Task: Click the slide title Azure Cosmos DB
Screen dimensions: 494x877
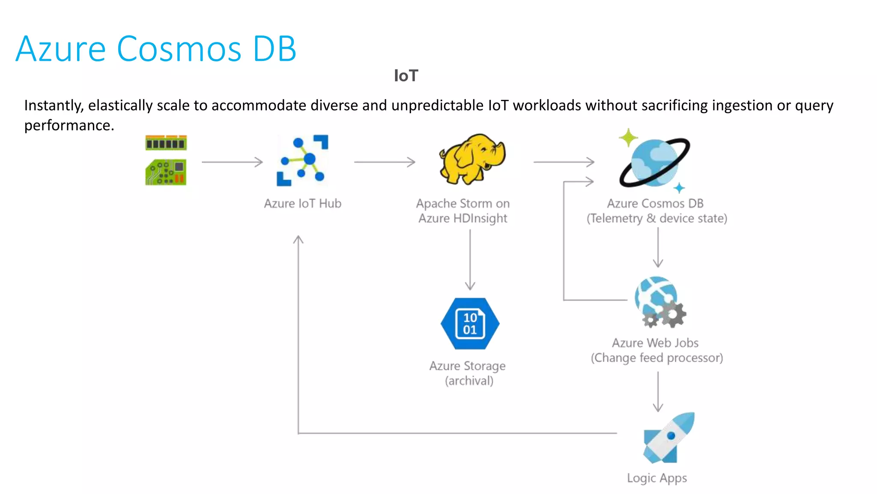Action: [x=156, y=49]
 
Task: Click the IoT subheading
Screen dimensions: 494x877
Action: [x=406, y=76]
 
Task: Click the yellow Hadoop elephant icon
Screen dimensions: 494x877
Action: [x=472, y=158]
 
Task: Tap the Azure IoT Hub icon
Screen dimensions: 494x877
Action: [x=302, y=161]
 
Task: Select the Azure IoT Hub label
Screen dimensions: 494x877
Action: [x=302, y=203]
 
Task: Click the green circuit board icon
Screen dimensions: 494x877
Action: [x=166, y=172]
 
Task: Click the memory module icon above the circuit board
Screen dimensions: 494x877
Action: [x=166, y=143]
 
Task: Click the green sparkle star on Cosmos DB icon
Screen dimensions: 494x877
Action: [x=628, y=138]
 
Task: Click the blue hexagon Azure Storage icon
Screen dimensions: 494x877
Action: [x=470, y=324]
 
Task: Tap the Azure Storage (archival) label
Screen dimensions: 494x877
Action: [x=468, y=373]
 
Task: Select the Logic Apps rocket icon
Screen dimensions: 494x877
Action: [x=668, y=438]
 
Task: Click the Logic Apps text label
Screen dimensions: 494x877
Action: [x=656, y=478]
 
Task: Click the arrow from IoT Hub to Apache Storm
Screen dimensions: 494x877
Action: [x=384, y=162]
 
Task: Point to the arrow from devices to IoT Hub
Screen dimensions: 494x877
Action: [x=232, y=162]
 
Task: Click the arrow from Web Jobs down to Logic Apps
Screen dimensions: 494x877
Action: [x=658, y=391]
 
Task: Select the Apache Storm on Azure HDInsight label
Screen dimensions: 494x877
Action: [x=463, y=211]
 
